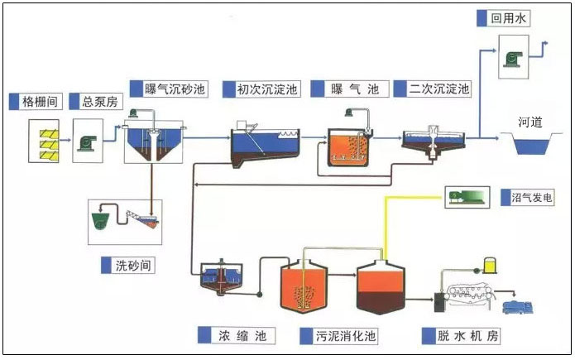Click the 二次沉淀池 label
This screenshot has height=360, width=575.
(x=438, y=89)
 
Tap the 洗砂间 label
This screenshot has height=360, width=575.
(x=134, y=265)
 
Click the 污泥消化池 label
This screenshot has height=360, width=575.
(x=345, y=336)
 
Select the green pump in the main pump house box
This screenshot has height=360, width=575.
(x=88, y=142)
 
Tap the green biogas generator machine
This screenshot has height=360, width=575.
(x=467, y=196)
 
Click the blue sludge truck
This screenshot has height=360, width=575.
(x=519, y=308)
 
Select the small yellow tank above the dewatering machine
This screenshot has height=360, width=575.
(x=490, y=266)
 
